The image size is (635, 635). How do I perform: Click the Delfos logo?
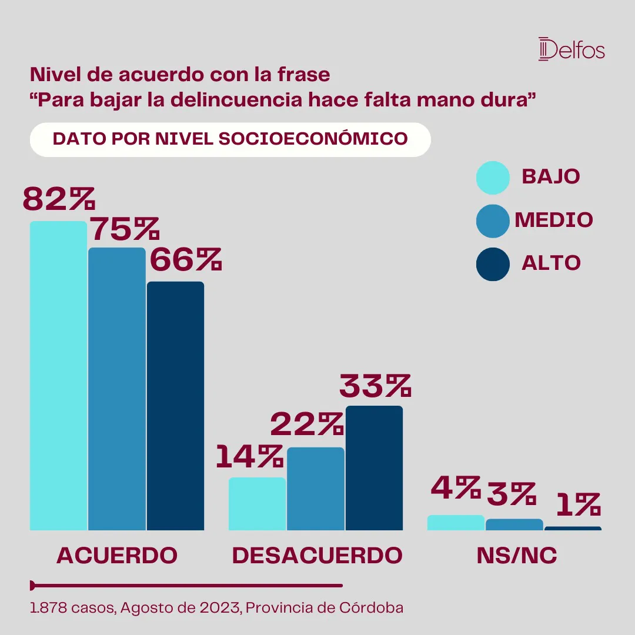[x=571, y=49]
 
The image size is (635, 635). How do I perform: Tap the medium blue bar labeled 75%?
[x=117, y=389]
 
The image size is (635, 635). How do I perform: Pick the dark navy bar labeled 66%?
[x=175, y=406]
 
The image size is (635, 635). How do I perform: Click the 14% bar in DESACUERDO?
[x=257, y=504]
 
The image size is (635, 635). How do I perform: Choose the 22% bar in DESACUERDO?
[x=316, y=489]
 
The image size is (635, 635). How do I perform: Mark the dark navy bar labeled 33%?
[x=374, y=468]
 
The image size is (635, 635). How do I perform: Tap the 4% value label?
[x=455, y=487]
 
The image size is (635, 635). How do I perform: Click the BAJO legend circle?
[x=492, y=177]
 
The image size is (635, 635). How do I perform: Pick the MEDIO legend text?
[x=554, y=220]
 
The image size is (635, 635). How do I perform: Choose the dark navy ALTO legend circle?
[x=492, y=263]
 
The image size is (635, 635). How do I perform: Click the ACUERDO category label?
[x=117, y=556]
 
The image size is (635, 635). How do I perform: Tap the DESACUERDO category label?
[x=317, y=556]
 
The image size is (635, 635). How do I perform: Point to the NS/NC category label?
[x=517, y=556]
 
